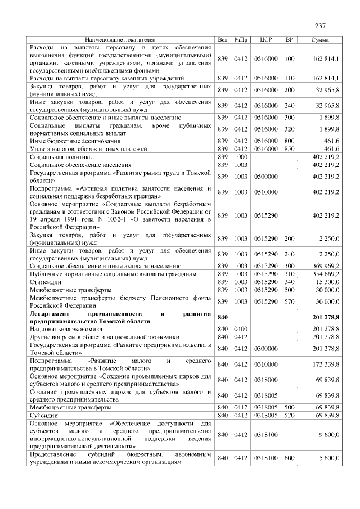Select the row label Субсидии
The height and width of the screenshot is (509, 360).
pos(44,415)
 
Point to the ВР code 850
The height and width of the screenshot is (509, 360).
pos(290,148)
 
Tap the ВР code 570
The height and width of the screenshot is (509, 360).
pos(290,302)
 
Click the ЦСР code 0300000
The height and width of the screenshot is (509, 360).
pos(267,348)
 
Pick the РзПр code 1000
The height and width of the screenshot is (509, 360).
pos(241,156)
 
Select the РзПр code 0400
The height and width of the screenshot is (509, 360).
pos(241,328)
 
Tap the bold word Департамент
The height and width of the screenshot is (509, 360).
pos(55,313)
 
